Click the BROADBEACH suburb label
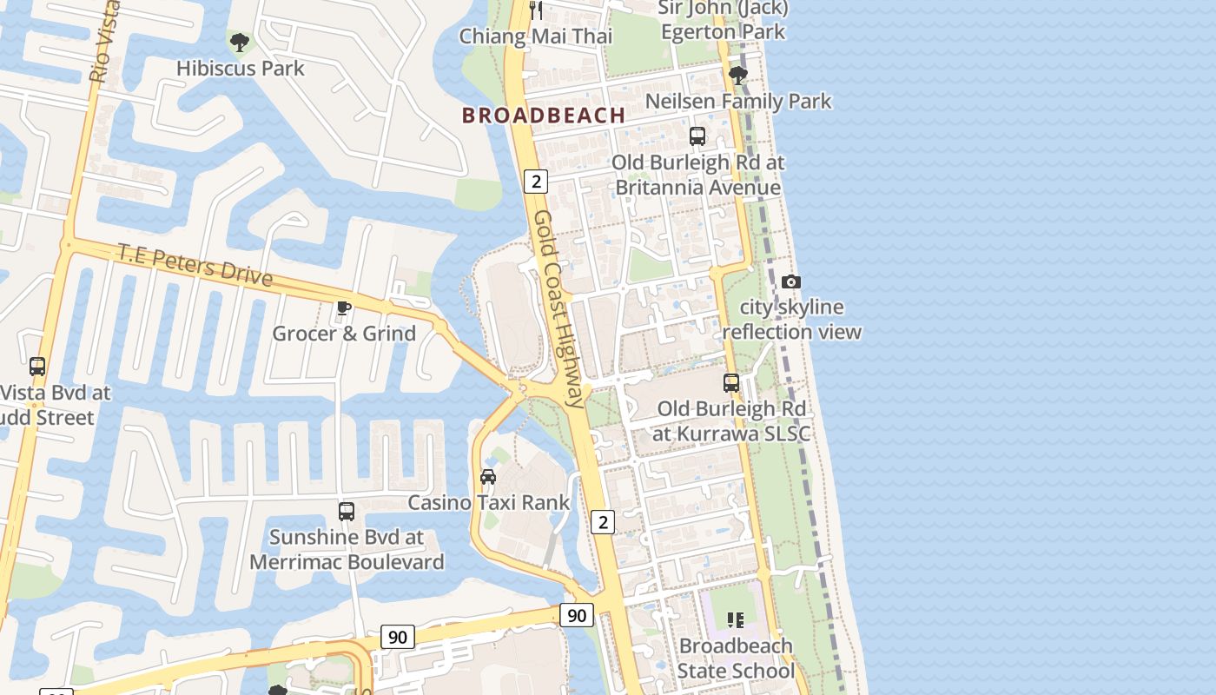point(544,115)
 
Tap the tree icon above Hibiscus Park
point(239,41)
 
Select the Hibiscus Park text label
point(240,68)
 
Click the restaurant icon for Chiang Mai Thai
point(536,10)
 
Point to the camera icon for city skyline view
point(790,281)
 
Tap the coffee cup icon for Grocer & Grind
point(344,308)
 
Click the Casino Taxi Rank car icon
point(488,476)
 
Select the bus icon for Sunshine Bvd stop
point(346,511)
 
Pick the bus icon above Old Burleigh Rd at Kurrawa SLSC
point(731,382)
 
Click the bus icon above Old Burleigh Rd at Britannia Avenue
point(697,136)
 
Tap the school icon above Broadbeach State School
point(736,620)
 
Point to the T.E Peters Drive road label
point(195,264)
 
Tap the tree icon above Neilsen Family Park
point(738,76)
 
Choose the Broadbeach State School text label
point(736,658)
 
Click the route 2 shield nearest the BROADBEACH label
point(536,181)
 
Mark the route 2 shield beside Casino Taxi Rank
point(603,521)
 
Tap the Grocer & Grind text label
point(344,334)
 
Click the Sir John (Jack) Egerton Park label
point(723,20)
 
